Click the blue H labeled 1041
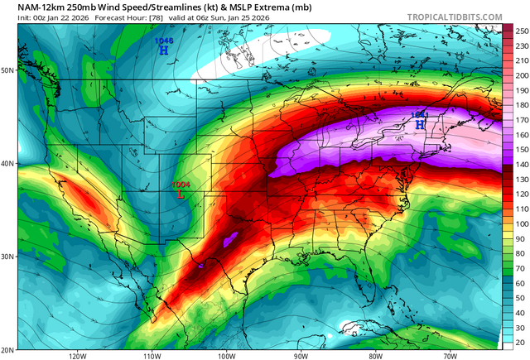[420, 124]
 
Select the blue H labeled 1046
[163, 50]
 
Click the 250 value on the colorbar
[521, 31]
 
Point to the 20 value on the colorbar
[521, 342]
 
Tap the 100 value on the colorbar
[521, 223]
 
